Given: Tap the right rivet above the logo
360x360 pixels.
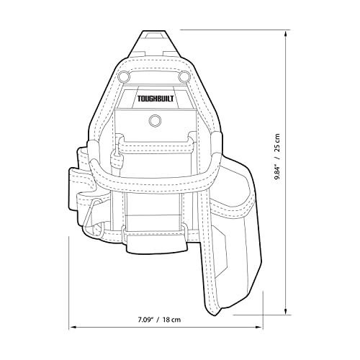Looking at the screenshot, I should pos(184,76).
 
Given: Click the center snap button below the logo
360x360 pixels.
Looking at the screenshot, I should pos(153,120).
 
